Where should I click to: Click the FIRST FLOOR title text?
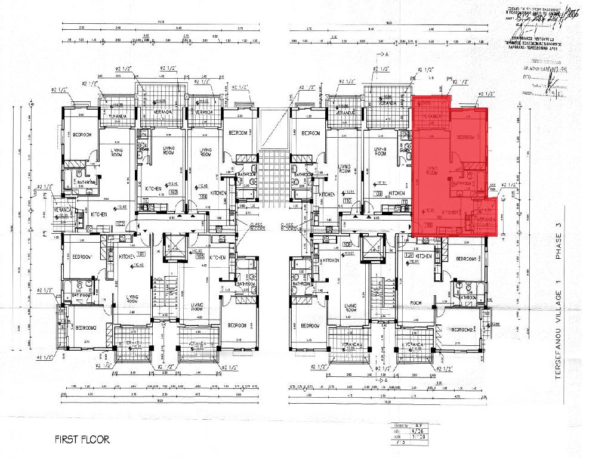[82, 440]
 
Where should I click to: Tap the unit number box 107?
[409, 257]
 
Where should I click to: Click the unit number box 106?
[347, 245]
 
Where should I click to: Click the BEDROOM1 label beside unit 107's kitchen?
[466, 259]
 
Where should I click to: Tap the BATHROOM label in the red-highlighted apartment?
[462, 184]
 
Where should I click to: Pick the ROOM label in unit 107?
[415, 303]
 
